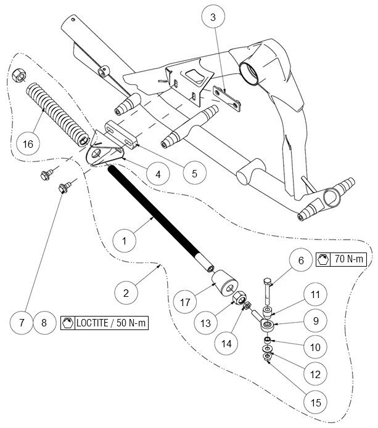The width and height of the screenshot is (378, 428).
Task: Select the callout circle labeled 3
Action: tap(213, 17)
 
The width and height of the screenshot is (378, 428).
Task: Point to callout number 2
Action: tap(125, 293)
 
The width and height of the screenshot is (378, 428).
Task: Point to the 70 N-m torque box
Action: tap(341, 260)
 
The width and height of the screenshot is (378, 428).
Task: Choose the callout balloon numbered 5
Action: tap(194, 173)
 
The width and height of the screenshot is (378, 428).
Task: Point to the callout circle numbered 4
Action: tap(158, 174)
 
